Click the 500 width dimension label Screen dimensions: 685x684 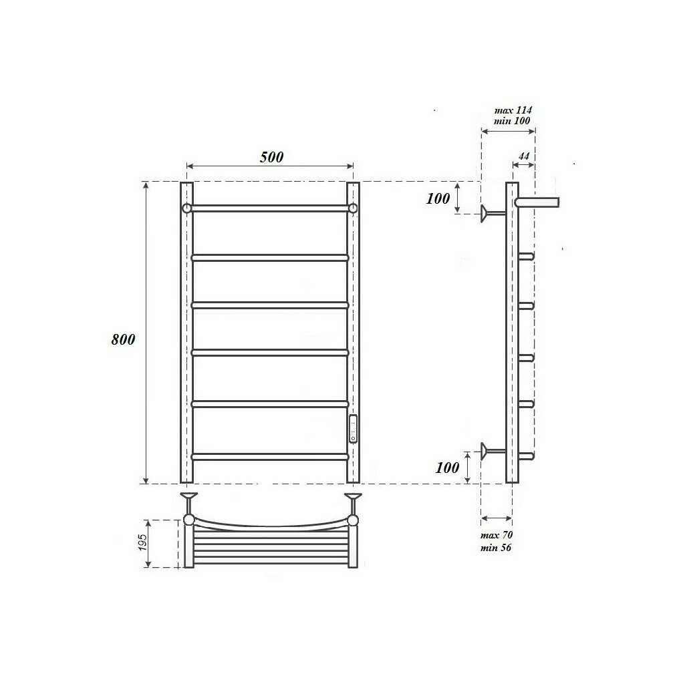pos(272,157)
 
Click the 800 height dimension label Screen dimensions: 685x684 pos(123,339)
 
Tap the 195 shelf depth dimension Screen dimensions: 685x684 pos(143,542)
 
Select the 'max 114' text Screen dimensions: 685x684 pos(513,110)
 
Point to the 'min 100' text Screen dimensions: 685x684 pos(512,120)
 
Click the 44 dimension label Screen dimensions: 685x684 pos(524,156)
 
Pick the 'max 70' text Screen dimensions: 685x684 pos(497,535)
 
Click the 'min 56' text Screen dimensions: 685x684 pos(495,547)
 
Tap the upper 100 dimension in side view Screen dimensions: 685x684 pos(438,199)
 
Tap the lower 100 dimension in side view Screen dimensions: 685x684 pos(447,468)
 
